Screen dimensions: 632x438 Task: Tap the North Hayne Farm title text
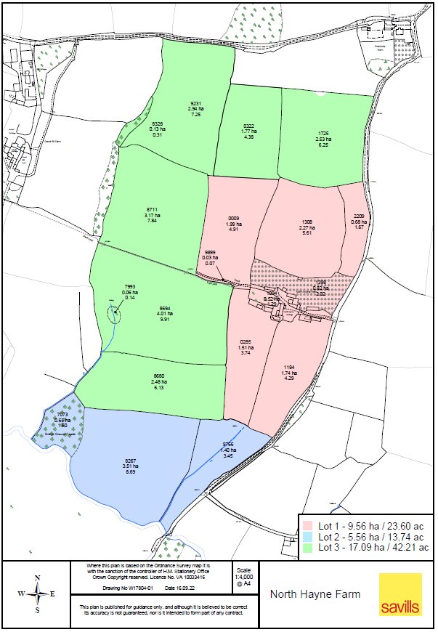[315, 594]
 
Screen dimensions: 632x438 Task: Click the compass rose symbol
[35, 593]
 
